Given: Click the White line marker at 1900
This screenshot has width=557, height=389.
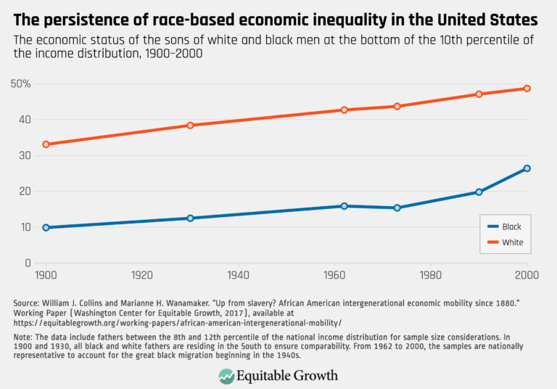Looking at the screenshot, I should [x=46, y=144].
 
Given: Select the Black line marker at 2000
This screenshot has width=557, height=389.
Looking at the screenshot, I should [x=527, y=168].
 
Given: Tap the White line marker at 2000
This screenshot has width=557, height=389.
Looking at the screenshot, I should [x=527, y=89].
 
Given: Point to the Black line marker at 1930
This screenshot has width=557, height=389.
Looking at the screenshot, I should [x=190, y=218].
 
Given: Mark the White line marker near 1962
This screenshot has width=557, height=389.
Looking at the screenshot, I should [x=344, y=110].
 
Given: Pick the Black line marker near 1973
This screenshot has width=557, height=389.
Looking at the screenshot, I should [x=397, y=208].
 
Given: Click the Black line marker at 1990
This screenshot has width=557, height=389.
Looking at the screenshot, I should [x=479, y=192].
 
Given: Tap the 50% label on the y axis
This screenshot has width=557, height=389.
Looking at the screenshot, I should [x=21, y=83].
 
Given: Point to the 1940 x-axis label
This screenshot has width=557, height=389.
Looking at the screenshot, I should [x=239, y=276].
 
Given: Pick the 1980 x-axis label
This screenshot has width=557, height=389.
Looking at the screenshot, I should [x=431, y=276].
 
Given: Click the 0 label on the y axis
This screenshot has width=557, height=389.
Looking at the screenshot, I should [x=28, y=263].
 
